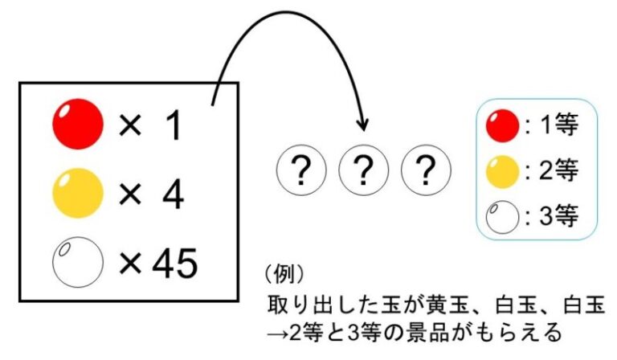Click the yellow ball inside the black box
[78, 193]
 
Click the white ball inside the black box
[78, 262]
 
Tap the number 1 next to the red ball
[171, 127]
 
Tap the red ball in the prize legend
[501, 126]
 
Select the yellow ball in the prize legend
[501, 170]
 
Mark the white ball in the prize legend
[501, 215]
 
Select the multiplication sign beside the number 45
[129, 263]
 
